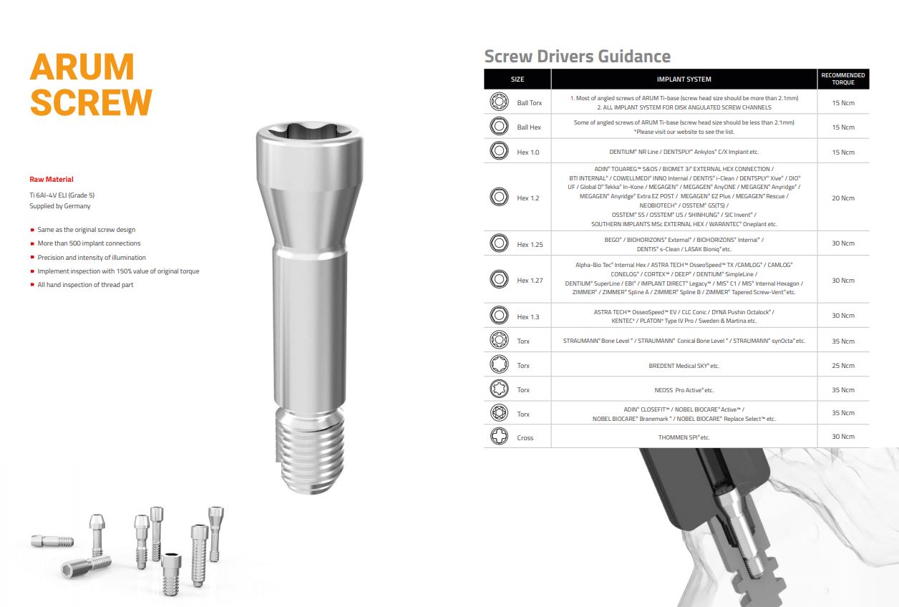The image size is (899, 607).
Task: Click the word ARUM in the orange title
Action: (x=82, y=67)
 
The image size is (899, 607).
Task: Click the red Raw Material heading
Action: (x=52, y=180)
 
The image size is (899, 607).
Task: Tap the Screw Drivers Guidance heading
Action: (x=577, y=57)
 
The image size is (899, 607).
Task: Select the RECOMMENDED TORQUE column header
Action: (x=843, y=79)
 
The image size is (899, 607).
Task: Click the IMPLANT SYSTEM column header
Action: (x=684, y=79)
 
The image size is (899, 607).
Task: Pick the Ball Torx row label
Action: (x=530, y=103)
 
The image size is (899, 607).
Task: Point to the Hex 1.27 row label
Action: (x=530, y=280)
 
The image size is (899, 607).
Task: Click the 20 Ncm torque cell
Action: (x=843, y=198)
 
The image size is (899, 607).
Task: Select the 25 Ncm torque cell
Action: (x=843, y=365)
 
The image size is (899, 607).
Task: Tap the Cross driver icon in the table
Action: (x=499, y=436)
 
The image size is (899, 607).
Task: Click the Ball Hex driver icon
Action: (x=499, y=126)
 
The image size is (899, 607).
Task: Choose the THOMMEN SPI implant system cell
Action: (x=684, y=437)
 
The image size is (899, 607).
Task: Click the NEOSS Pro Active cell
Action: (x=684, y=390)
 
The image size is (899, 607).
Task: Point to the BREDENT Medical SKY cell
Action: (x=684, y=366)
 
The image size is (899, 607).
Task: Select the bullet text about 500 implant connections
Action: (x=89, y=243)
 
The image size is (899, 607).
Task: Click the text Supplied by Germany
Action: (x=60, y=206)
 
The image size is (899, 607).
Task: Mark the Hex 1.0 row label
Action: (x=528, y=152)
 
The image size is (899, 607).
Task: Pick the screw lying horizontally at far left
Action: (x=52, y=541)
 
